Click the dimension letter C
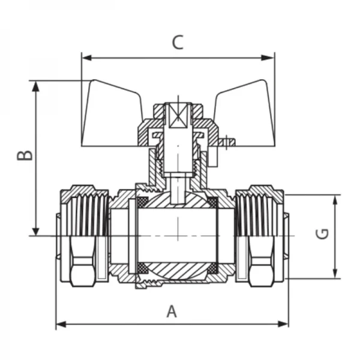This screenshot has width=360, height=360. [x=177, y=43]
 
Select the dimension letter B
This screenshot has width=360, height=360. [x=24, y=155]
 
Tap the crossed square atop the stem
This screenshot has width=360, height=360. [x=178, y=116]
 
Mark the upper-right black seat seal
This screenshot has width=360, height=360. [x=212, y=201]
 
